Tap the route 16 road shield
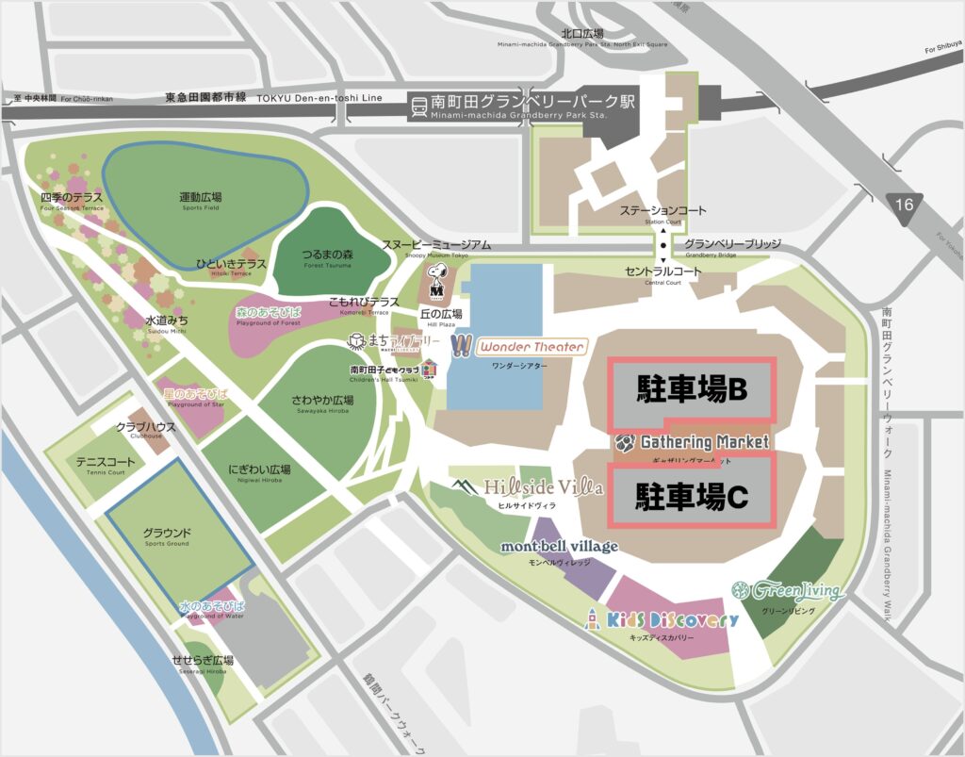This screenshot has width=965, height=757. (x=906, y=203)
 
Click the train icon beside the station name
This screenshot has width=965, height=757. (x=416, y=106)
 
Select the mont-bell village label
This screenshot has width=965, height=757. (x=559, y=547)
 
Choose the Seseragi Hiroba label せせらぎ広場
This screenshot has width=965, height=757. (x=203, y=660)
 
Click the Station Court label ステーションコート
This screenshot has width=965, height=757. (x=662, y=210)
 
